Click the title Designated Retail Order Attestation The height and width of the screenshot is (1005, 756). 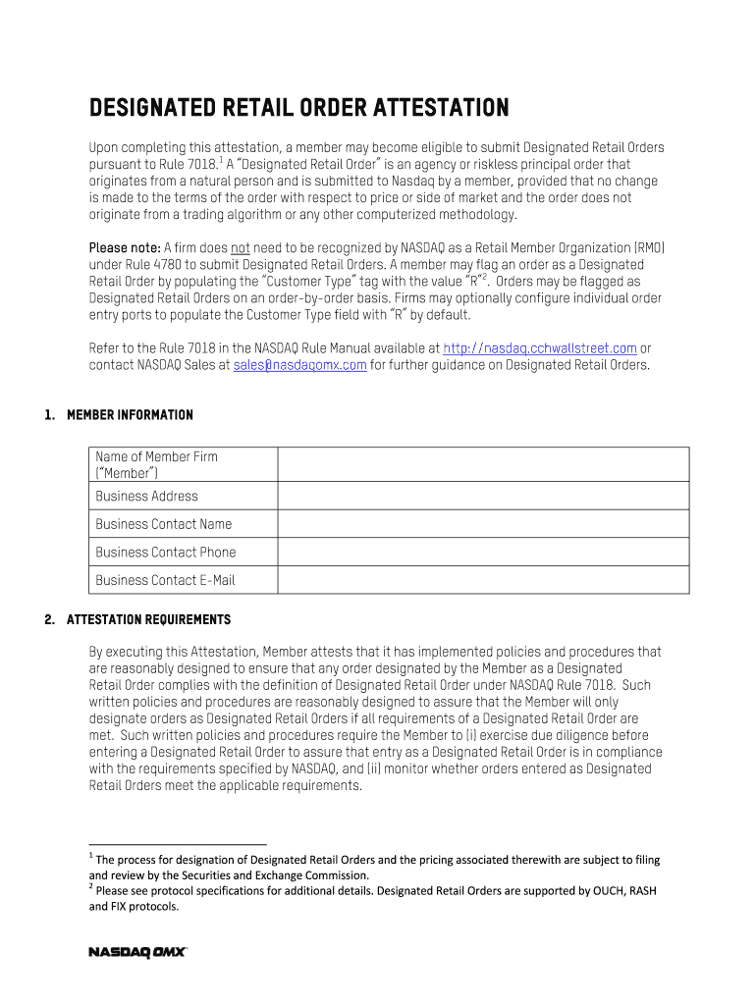[x=298, y=107]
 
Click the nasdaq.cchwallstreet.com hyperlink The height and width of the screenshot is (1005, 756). [x=539, y=348]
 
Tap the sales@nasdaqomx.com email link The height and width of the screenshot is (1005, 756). [x=300, y=365]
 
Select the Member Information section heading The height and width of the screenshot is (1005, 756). [x=130, y=415]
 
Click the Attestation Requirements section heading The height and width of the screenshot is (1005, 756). [x=148, y=620]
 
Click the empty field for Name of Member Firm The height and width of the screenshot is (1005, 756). [x=483, y=464]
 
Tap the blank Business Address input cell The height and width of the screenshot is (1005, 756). [x=483, y=496]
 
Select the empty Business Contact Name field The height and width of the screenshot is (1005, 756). [x=483, y=524]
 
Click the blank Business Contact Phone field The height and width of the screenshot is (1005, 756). [x=483, y=552]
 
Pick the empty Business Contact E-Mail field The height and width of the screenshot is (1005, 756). [x=483, y=580]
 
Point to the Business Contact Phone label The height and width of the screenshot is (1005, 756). [x=165, y=552]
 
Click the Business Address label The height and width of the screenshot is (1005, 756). [x=146, y=496]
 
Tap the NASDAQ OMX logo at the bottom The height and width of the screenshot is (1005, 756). [x=137, y=952]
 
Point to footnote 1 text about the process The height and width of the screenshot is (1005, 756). [x=373, y=867]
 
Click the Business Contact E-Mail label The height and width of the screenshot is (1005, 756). [x=165, y=580]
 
